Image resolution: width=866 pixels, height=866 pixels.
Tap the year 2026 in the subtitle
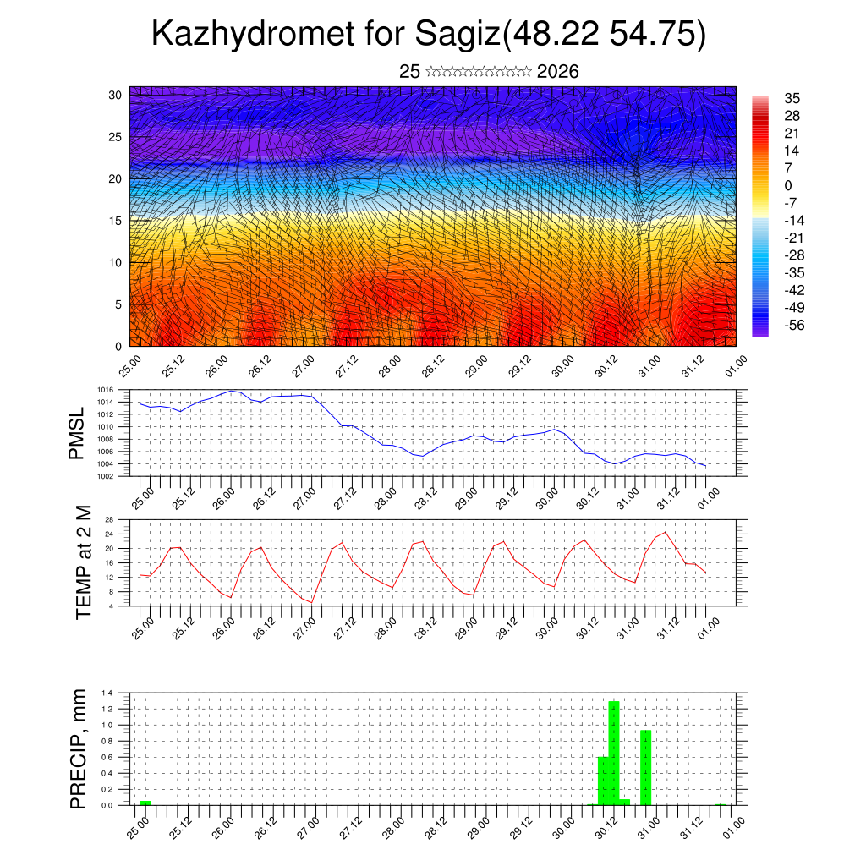pyautogui.click(x=557, y=72)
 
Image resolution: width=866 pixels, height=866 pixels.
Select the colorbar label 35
pyautogui.click(x=792, y=98)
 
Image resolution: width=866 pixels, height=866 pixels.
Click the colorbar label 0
pyautogui.click(x=788, y=185)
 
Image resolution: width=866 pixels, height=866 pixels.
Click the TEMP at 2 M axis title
pyautogui.click(x=83, y=561)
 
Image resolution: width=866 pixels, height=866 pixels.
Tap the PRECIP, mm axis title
pyautogui.click(x=79, y=748)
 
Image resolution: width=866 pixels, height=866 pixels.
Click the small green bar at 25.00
pyautogui.click(x=145, y=803)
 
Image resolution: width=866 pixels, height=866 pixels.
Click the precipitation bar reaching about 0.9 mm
pyautogui.click(x=646, y=767)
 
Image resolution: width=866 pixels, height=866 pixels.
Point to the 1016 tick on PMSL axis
pyautogui.click(x=106, y=391)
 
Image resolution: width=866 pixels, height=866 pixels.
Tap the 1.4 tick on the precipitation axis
pyautogui.click(x=107, y=693)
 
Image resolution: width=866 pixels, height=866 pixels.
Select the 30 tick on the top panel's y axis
pyautogui.click(x=115, y=95)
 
